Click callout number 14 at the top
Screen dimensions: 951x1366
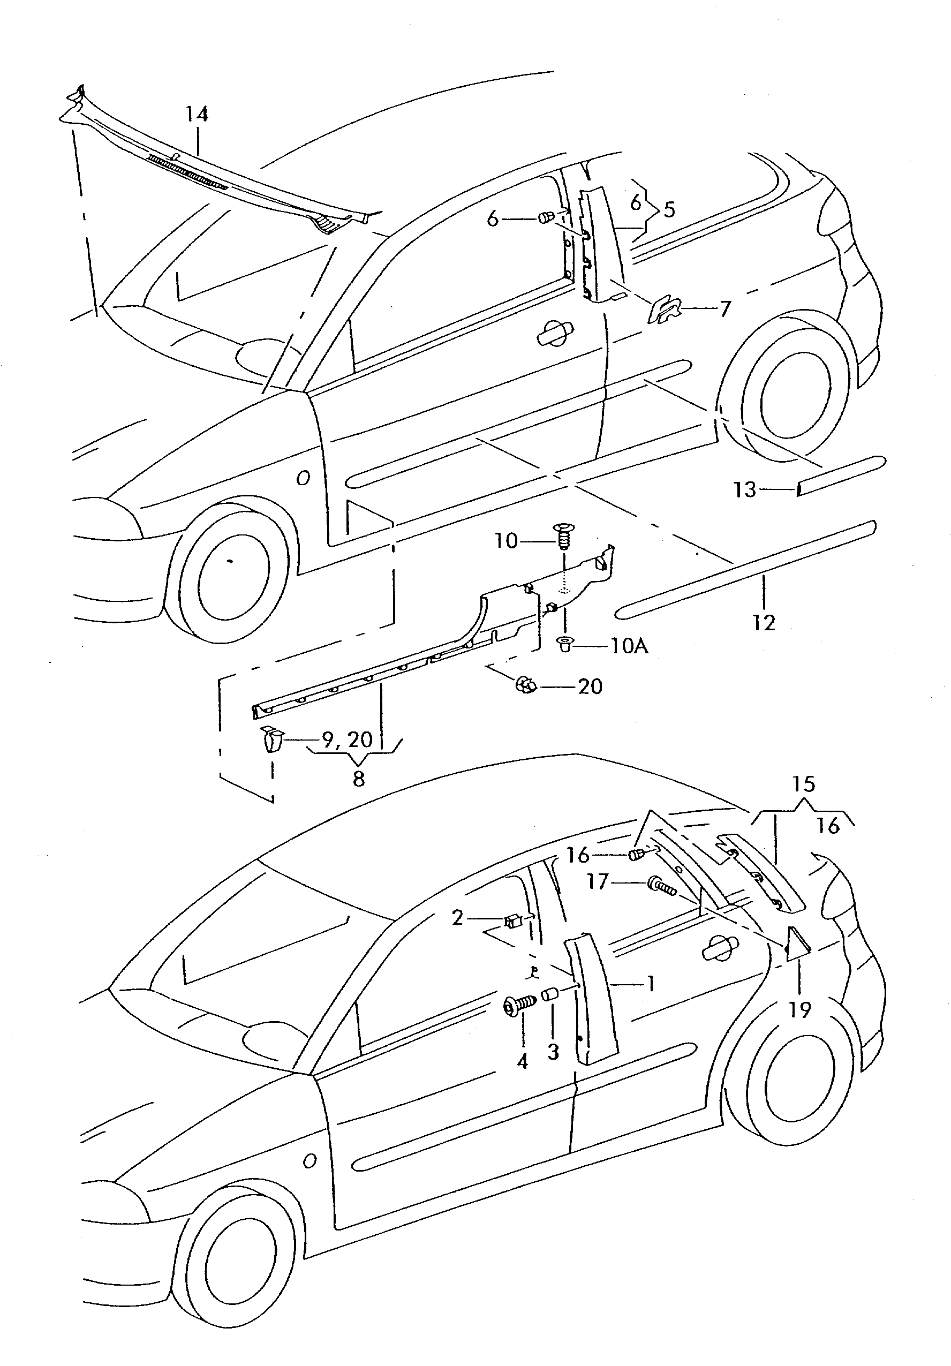tap(197, 114)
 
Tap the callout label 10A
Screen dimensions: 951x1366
tap(629, 646)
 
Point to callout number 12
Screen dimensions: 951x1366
tap(764, 623)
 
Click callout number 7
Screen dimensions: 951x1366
tap(725, 309)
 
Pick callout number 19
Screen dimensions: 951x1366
tap(801, 1009)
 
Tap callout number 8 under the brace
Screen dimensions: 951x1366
tap(358, 779)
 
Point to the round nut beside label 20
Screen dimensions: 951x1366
tap(525, 685)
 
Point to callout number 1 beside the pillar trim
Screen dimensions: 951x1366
tap(651, 984)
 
